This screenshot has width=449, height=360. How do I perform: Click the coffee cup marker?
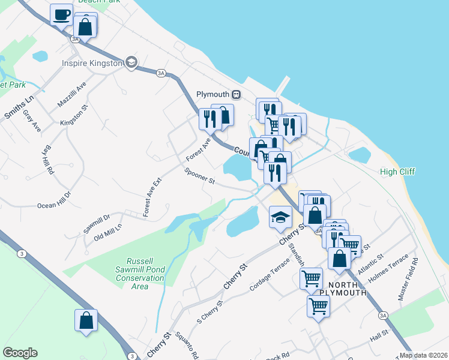click(61, 14)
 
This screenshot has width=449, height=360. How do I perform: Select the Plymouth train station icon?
click(237, 95)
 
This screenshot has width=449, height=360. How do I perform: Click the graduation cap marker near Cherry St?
click(280, 217)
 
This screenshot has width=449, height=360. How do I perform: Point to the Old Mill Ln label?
click(107, 232)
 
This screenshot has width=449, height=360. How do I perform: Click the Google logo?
click(20, 353)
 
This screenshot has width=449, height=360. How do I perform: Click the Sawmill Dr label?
click(97, 223)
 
